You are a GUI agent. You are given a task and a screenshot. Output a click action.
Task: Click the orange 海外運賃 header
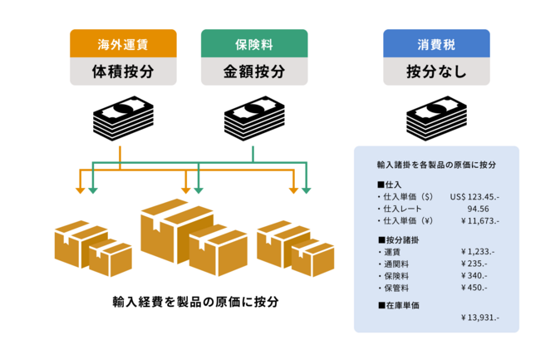122,43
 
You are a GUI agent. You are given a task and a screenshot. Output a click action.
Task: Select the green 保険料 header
254,43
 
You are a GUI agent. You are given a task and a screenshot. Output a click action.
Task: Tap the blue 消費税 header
436,43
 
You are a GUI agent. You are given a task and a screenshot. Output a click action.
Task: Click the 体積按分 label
122,72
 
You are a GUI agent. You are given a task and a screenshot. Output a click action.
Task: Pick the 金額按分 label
254,72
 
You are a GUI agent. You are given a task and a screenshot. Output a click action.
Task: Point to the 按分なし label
436,72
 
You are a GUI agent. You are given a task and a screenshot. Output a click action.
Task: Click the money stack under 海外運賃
121,121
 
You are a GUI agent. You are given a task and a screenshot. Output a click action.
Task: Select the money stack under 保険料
254,121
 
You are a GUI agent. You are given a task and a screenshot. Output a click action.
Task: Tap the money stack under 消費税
436,121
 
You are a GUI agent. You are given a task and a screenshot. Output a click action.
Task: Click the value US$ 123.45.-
474,197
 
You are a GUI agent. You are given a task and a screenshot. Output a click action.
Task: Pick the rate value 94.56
478,209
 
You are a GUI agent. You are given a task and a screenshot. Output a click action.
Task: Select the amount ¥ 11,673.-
479,220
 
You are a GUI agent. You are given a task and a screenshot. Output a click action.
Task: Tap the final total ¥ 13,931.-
479,318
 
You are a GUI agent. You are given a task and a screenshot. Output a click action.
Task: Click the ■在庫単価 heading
398,305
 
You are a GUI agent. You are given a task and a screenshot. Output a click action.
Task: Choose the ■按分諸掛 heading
398,239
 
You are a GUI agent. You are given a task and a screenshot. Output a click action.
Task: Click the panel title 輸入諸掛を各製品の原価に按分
436,165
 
